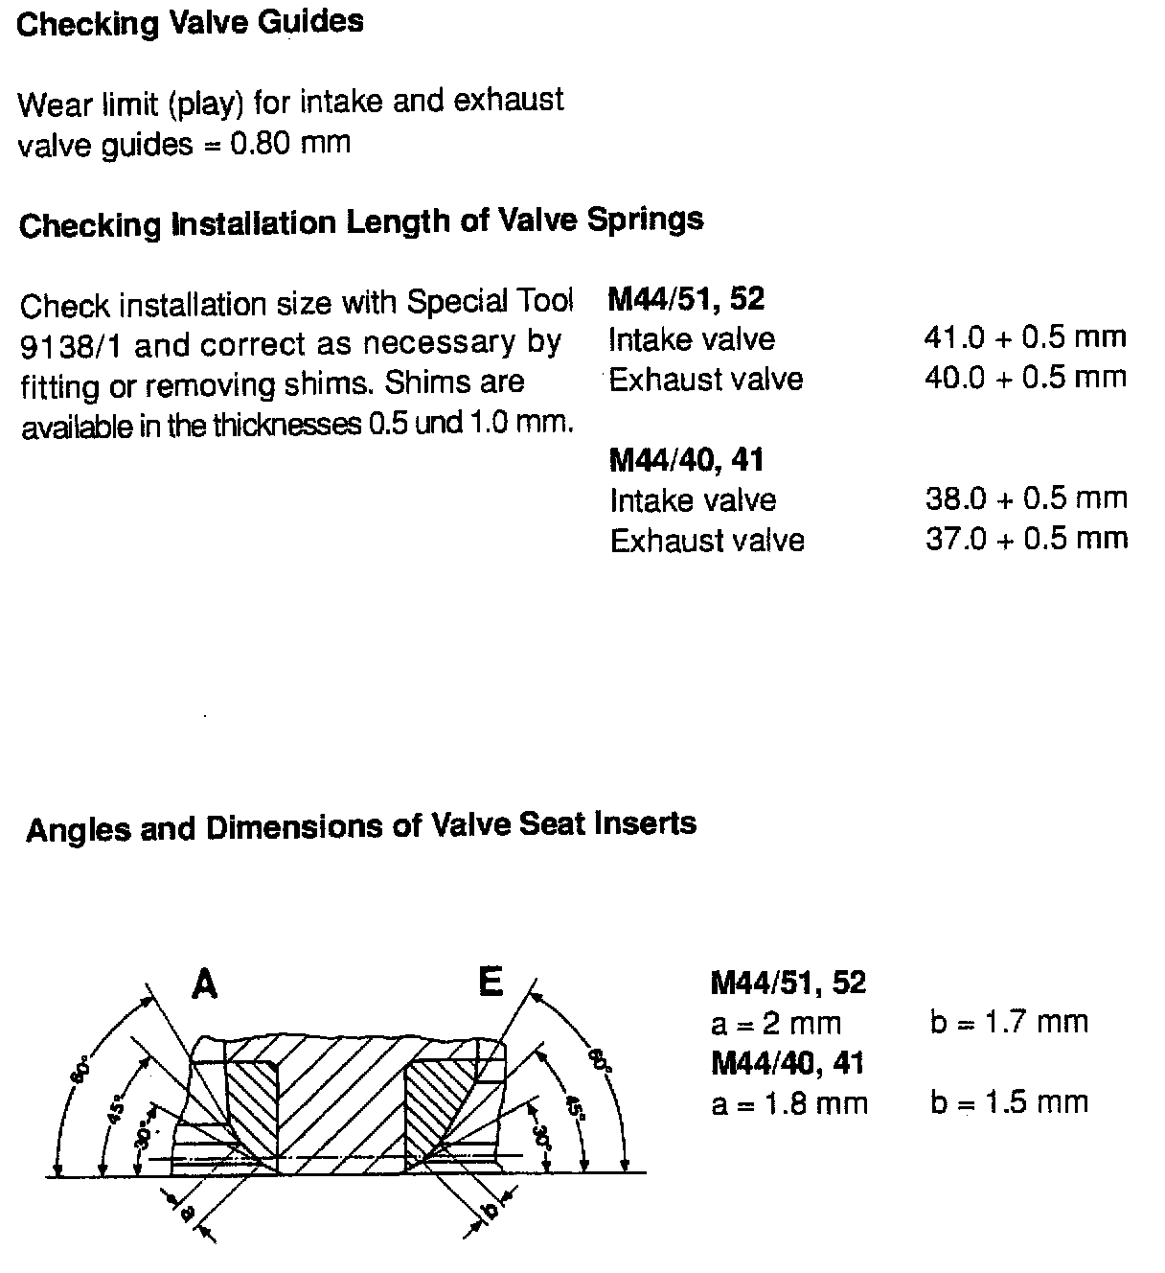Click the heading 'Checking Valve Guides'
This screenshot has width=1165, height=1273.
190,22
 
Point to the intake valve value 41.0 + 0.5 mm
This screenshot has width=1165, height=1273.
1024,336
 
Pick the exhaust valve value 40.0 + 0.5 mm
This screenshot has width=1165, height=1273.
1024,377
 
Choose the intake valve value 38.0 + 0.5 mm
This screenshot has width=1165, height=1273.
1025,498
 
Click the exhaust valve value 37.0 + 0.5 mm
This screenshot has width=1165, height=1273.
1025,539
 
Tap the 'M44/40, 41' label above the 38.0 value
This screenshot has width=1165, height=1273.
686,460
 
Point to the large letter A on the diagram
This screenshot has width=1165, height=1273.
204,984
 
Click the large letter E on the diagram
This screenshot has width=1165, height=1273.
490,982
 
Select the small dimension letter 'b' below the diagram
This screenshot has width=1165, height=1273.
491,1211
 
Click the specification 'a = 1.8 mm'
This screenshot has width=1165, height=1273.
788,1103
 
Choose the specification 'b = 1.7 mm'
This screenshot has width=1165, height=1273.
1008,1022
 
